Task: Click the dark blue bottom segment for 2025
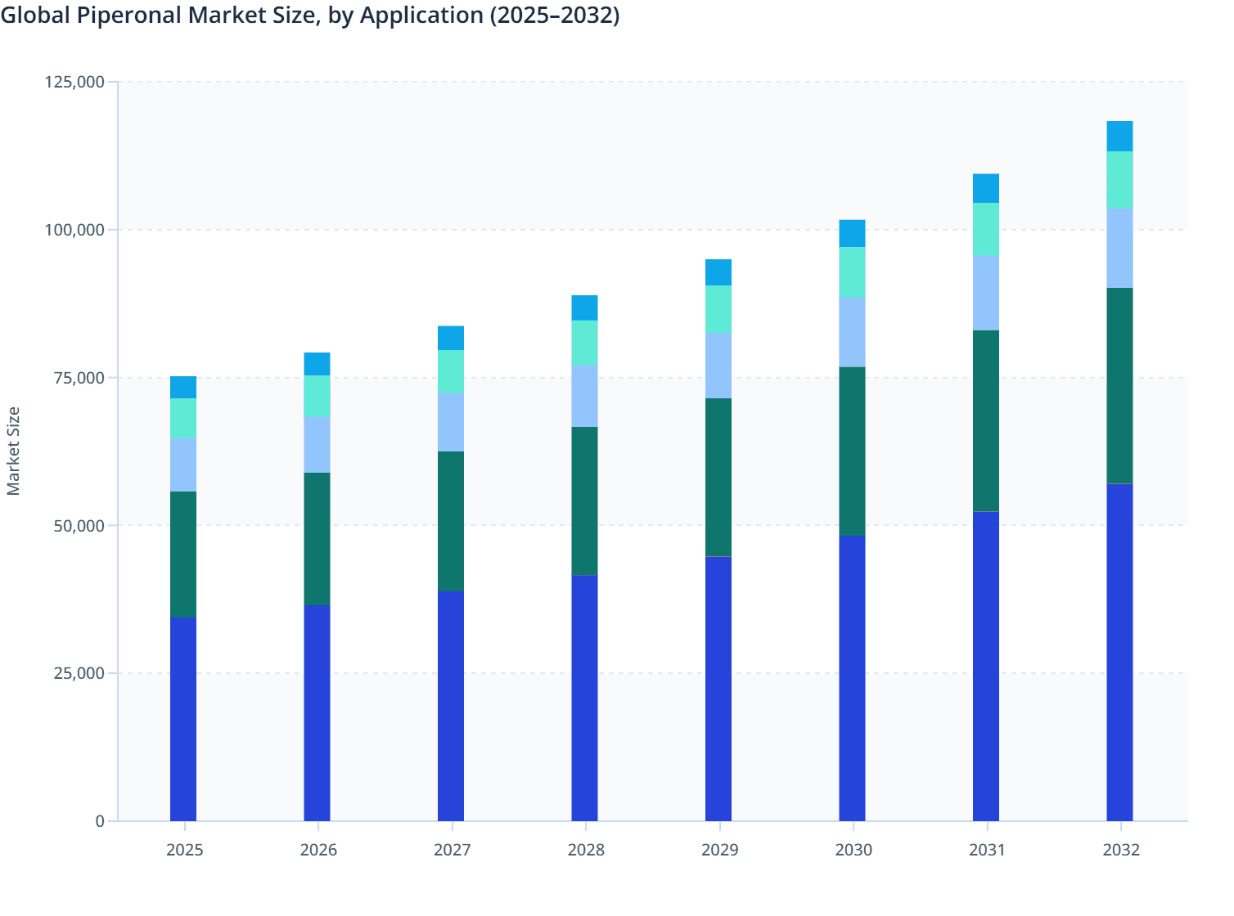(183, 719)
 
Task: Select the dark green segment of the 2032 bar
(1119, 385)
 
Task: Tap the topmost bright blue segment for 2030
(852, 233)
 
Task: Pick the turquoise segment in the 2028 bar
(584, 343)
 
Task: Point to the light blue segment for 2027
(451, 422)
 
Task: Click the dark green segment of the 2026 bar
(317, 538)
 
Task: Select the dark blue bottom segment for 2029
(718, 689)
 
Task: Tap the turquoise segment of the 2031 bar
(986, 230)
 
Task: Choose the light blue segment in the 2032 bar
(1119, 248)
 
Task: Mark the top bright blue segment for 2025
(183, 388)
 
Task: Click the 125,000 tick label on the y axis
(74, 82)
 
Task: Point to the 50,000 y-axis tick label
(79, 525)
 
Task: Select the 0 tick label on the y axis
(100, 821)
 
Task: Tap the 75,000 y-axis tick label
(79, 378)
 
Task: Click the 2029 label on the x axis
(719, 850)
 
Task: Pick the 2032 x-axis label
(1120, 850)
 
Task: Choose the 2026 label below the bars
(318, 850)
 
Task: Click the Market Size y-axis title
(14, 451)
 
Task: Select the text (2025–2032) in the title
(554, 16)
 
